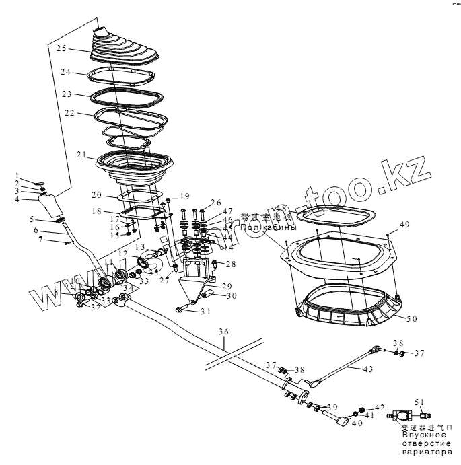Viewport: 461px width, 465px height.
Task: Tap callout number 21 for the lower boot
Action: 81,155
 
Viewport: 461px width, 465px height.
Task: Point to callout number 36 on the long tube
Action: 224,332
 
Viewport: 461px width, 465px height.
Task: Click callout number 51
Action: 421,402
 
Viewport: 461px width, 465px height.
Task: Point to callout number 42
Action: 380,408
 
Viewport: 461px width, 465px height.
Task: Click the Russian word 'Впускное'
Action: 425,435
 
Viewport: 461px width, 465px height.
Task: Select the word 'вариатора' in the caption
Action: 427,452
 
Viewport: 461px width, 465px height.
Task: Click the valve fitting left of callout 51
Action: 400,417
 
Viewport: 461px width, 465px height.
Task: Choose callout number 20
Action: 96,195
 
